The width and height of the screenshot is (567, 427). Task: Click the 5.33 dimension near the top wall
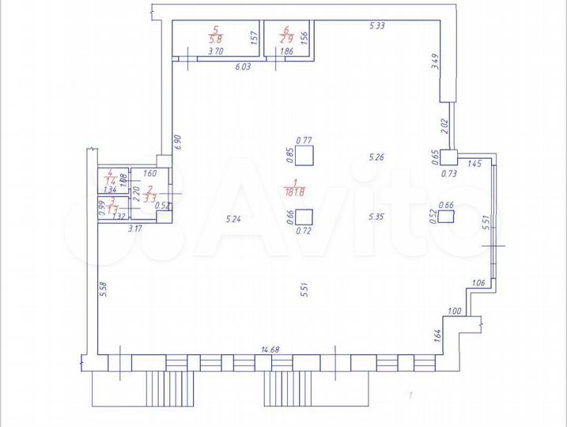(377, 27)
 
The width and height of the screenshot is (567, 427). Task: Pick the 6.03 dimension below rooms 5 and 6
(242, 68)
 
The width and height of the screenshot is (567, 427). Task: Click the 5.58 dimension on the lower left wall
(103, 292)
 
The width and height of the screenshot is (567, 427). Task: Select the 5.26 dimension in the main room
(376, 158)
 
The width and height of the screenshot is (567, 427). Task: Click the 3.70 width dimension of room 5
(214, 51)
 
